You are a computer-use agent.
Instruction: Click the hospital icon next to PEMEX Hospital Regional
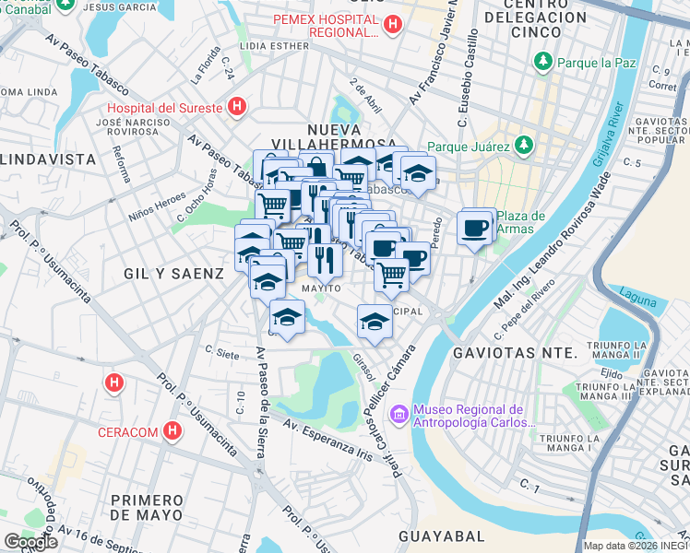[393, 24]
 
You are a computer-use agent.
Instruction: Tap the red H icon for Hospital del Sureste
[237, 108]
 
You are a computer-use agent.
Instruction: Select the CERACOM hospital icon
[172, 430]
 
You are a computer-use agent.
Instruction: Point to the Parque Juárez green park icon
[524, 146]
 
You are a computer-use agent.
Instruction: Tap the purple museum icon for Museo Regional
[399, 416]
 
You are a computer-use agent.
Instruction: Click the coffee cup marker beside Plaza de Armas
[475, 227]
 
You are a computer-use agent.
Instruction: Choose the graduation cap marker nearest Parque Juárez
[418, 172]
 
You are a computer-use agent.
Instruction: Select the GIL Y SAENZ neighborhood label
[174, 274]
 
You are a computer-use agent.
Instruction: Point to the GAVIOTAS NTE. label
[515, 353]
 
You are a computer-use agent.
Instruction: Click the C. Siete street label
[222, 350]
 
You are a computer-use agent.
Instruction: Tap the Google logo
[30, 542]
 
